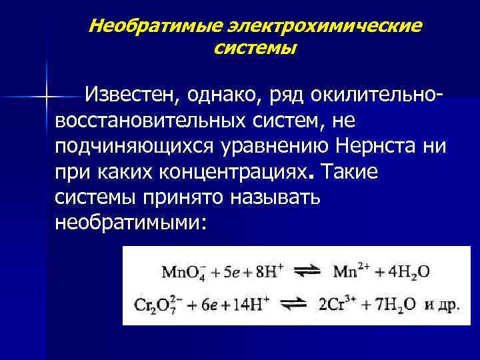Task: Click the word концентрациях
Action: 234,172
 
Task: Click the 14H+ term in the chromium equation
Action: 250,304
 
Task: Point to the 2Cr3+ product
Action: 339,304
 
